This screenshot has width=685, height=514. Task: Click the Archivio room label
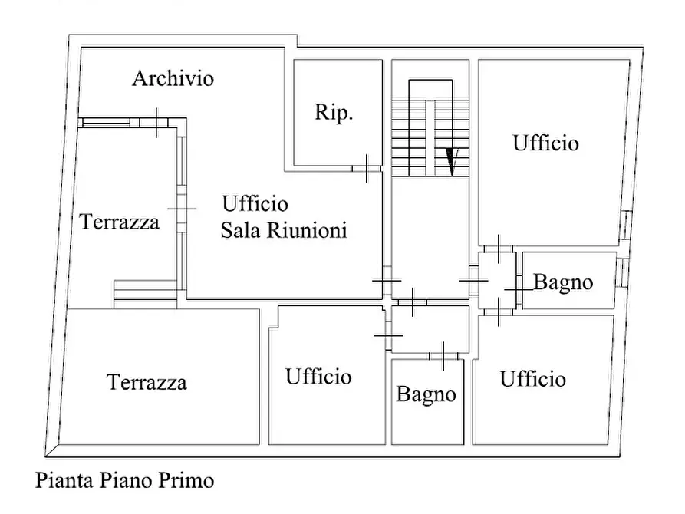173,78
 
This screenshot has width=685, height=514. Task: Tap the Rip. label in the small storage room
334,113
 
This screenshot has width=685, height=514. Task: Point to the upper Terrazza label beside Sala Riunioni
120,222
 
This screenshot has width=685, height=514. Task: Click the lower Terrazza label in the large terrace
147,382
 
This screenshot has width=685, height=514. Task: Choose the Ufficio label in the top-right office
545,143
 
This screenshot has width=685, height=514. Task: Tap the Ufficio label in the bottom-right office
533,379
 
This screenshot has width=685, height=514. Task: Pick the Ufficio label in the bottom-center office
318,377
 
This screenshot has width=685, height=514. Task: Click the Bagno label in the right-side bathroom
563,282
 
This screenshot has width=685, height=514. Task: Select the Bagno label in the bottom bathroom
426,395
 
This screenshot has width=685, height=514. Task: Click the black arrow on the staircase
452,161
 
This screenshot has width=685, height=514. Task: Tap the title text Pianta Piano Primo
125,481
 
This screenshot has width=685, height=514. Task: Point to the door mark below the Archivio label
157,123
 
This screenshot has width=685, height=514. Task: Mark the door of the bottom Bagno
443,355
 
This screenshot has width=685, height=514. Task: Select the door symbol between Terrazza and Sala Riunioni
182,209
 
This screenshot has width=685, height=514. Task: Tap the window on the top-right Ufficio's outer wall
626,223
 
